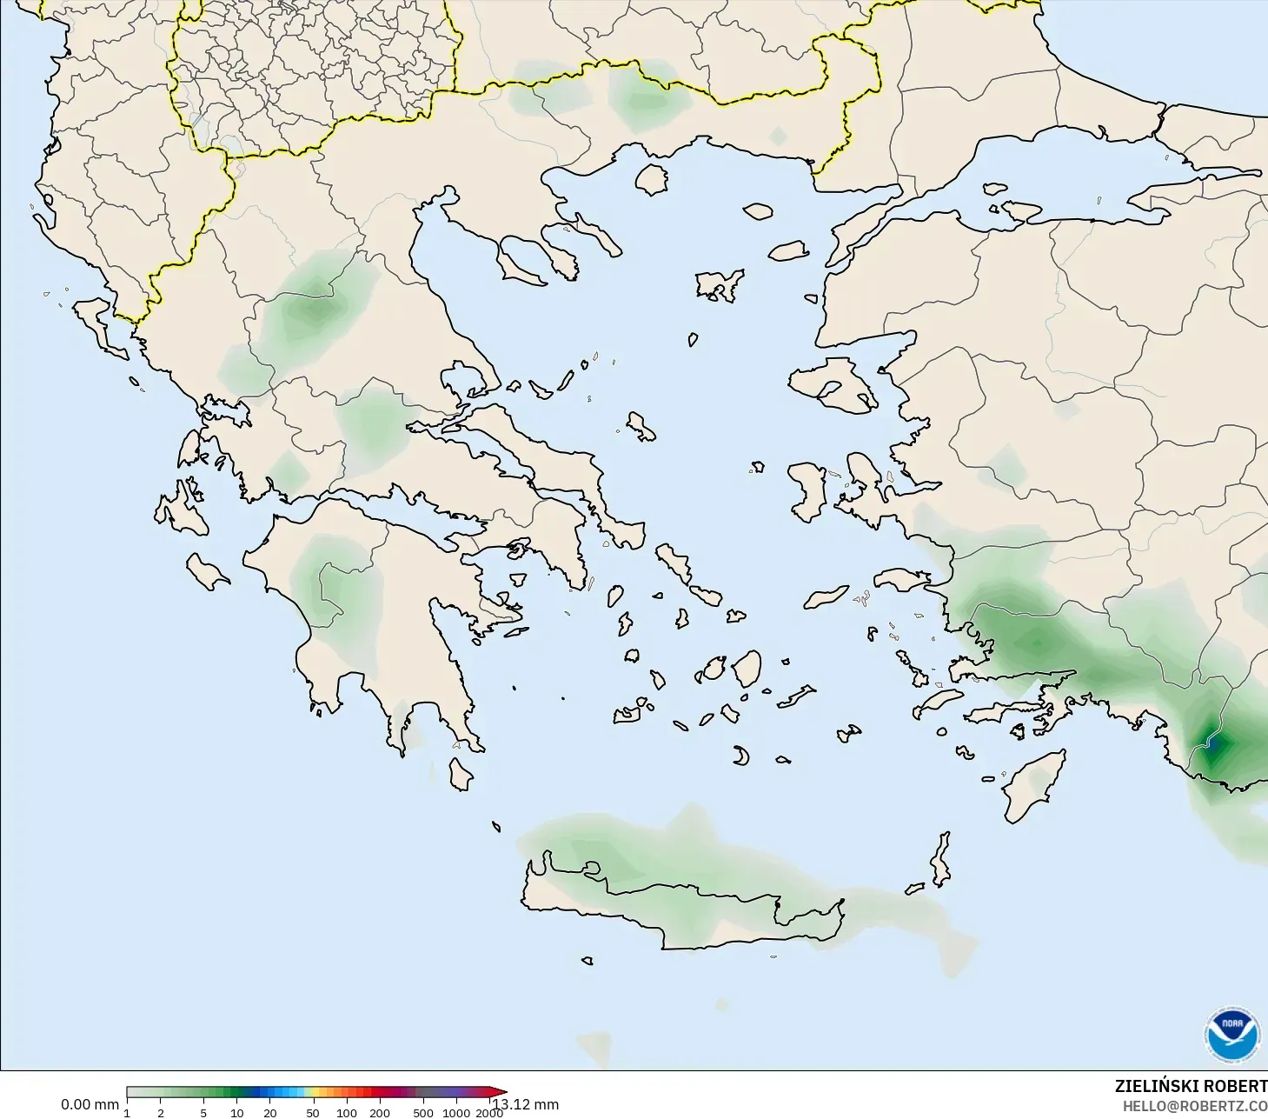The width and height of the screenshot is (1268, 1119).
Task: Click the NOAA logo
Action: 1231,1035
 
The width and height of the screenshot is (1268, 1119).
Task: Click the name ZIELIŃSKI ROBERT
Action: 1190,1086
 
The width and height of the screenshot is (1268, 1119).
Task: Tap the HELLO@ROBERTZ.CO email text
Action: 1194,1106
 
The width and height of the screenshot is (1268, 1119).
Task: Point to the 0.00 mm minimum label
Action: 90,1104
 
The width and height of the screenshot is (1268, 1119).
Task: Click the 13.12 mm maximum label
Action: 528,1105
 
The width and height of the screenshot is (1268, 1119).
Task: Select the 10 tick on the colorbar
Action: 236,1112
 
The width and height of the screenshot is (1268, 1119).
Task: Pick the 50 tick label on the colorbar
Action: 312,1112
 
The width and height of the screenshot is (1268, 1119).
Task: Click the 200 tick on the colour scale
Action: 380,1112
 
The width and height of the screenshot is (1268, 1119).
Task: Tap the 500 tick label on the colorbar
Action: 423,1112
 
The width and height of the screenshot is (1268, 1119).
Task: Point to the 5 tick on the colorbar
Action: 203,1112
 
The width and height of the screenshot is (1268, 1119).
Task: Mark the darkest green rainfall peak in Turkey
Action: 1213,744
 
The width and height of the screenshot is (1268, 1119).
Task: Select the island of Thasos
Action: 652,179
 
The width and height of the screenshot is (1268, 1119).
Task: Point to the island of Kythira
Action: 461,773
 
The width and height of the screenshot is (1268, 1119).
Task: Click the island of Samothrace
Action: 758,210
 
